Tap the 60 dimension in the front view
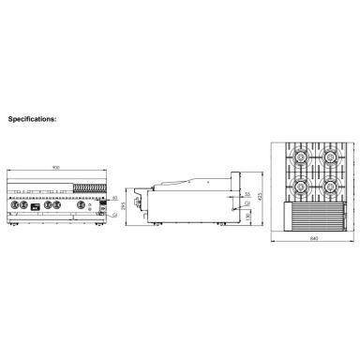(115, 200)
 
